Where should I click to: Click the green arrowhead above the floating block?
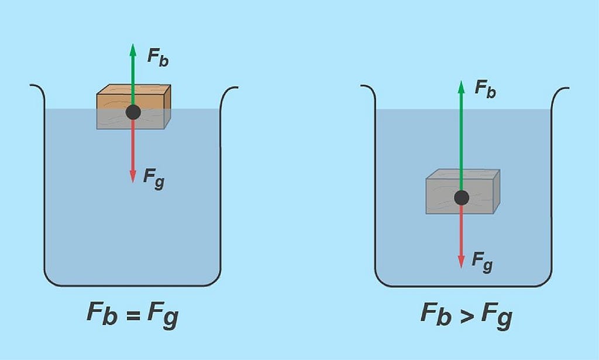(133, 50)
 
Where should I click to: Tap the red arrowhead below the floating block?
(133, 176)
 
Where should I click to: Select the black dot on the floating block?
(133, 112)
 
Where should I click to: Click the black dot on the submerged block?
(462, 198)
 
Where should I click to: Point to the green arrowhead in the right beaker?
(462, 87)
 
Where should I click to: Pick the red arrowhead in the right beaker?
(462, 262)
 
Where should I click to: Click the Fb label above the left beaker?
(158, 58)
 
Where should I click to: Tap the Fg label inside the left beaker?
(154, 179)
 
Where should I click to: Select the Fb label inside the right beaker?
(486, 90)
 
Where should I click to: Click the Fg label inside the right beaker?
(482, 262)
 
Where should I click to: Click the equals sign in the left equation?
(133, 316)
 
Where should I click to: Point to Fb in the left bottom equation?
(102, 313)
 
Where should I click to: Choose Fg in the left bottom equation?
(163, 316)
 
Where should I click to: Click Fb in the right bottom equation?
(436, 314)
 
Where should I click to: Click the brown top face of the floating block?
(134, 90)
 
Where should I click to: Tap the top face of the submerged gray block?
(463, 174)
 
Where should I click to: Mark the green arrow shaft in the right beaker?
(462, 142)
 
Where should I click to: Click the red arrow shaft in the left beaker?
(133, 145)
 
